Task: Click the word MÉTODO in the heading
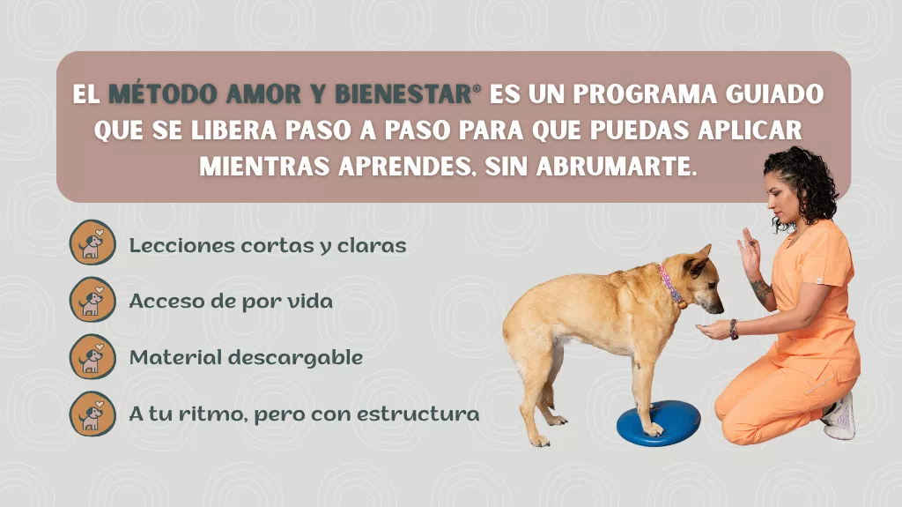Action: (x=163, y=94)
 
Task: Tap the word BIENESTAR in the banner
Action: (x=403, y=94)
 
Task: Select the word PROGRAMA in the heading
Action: (x=645, y=94)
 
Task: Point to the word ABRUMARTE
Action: (x=617, y=166)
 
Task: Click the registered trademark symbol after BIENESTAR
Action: (x=477, y=87)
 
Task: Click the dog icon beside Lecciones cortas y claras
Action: (x=92, y=242)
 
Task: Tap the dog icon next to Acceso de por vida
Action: (x=92, y=300)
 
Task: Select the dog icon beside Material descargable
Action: (x=92, y=356)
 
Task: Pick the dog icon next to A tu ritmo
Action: (x=92, y=414)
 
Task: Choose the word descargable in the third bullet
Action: (x=296, y=358)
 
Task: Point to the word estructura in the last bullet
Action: (x=418, y=414)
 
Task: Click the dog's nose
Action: (x=719, y=310)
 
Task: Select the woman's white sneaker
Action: (x=839, y=416)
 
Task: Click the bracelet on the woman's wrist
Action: (x=734, y=330)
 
